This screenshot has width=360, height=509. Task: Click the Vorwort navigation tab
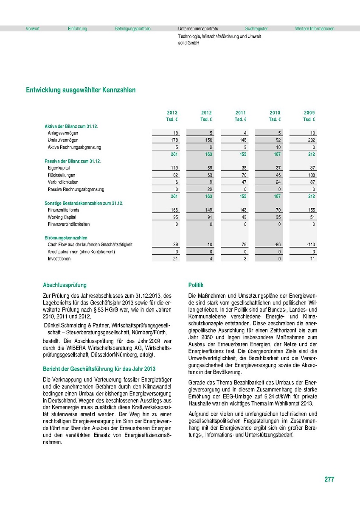point(33,29)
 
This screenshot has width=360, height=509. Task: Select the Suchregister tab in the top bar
point(256,29)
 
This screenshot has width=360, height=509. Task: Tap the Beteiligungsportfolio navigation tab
point(132,29)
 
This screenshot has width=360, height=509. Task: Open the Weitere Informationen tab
point(315,29)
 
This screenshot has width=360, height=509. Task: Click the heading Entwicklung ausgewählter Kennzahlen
point(81,90)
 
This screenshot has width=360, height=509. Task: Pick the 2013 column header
point(172,113)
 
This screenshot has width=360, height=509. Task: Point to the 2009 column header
point(309,113)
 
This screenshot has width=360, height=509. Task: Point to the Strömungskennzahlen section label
point(66,238)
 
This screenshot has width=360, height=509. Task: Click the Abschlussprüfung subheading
point(65,285)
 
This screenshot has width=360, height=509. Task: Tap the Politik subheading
point(196,285)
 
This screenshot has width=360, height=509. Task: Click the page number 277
point(329,479)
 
